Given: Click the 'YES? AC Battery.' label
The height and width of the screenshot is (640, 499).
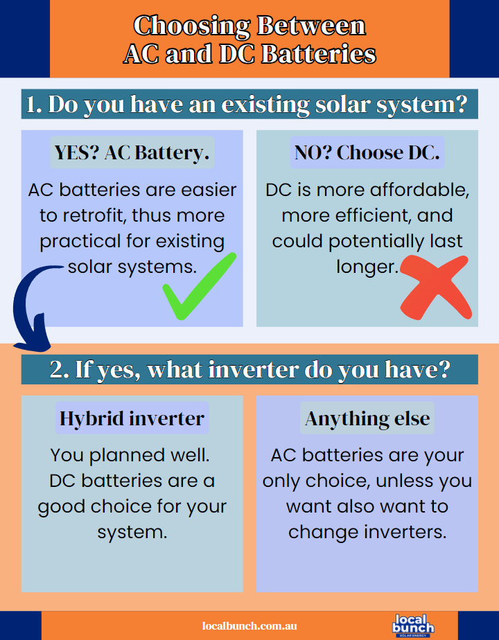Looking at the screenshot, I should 132,152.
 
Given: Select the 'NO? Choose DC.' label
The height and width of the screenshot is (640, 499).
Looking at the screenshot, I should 367,152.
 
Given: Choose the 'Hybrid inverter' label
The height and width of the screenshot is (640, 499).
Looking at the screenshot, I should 132,418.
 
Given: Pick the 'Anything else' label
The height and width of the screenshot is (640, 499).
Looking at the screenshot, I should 367,418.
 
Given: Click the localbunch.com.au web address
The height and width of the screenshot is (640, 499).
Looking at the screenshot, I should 249,625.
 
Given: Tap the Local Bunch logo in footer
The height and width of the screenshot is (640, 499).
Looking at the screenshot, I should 413,624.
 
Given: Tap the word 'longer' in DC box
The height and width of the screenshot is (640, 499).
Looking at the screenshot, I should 365,267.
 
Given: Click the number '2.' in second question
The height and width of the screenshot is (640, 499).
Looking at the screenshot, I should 60,369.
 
